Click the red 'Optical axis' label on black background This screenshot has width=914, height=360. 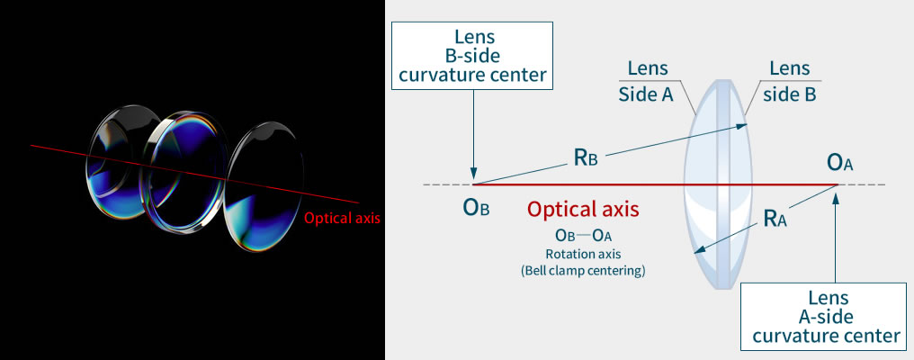pyautogui.click(x=341, y=218)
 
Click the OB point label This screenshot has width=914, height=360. pyautogui.click(x=476, y=208)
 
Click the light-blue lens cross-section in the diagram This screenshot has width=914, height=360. pyautogui.click(x=716, y=184)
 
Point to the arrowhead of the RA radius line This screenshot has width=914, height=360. pyautogui.click(x=698, y=251)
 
